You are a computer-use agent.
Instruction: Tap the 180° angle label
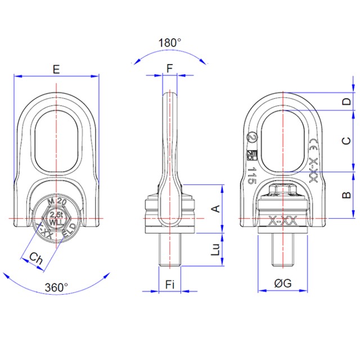click(170, 43)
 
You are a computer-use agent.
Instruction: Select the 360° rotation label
click(56, 287)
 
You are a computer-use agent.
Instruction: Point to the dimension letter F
click(170, 69)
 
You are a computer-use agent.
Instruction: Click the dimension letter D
click(347, 102)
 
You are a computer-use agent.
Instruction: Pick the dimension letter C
click(347, 141)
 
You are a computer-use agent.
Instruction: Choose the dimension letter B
click(347, 195)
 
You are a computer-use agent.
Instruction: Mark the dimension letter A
click(214, 209)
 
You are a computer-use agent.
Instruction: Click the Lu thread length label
click(215, 250)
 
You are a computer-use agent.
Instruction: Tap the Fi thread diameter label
click(170, 285)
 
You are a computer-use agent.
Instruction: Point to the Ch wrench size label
click(36, 259)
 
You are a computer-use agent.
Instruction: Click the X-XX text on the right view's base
click(283, 220)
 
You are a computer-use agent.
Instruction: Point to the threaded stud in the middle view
click(170, 250)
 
